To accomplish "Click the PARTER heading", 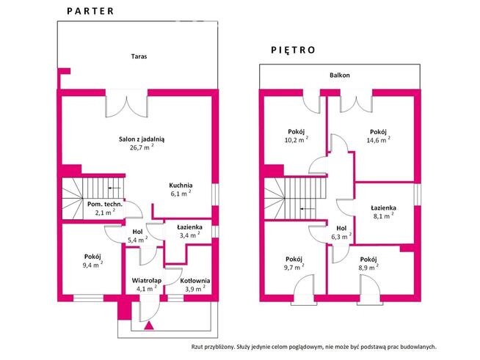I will point(90,11).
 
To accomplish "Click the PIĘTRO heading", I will point(292,51).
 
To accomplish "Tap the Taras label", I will point(139,56).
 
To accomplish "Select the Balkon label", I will point(339,76).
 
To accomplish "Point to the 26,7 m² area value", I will point(142,147).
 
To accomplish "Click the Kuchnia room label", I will point(181,185).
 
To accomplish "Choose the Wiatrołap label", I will point(147,280).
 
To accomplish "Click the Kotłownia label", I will point(195,280).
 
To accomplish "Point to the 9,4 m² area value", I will point(92,265).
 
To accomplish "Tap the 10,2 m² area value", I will point(296,140).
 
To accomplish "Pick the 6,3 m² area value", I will point(341,237).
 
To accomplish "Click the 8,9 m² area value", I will point(369,268).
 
